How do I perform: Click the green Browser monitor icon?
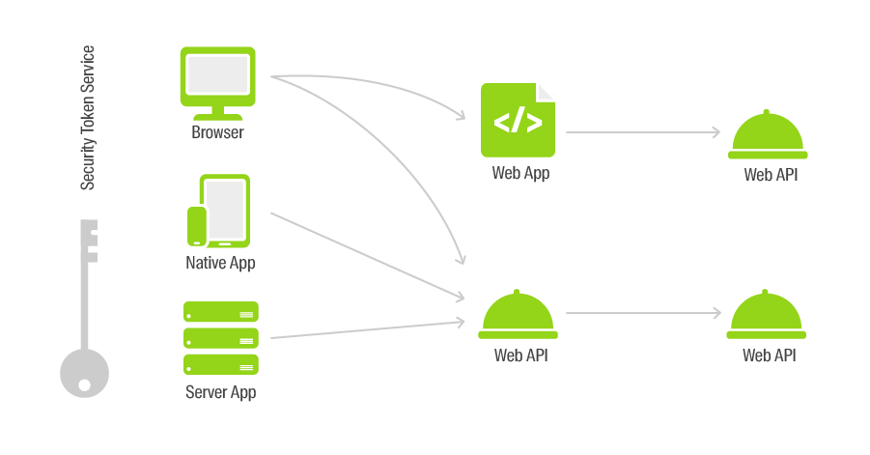pos(217,83)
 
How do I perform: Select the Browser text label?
pos(217,132)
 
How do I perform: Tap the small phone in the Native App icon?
pos(197,226)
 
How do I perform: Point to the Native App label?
pos(220,263)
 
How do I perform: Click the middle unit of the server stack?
pos(221,338)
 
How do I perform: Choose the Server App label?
pos(221,392)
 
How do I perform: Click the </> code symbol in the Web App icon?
pos(518,122)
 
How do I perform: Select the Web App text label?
pos(520,173)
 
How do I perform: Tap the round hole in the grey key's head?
pos(84,384)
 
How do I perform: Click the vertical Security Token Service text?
pos(88,118)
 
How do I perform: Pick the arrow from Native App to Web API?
pos(367,256)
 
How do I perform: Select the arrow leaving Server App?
pos(367,329)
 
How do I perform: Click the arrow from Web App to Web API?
pos(643,132)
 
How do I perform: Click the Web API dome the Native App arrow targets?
pos(518,314)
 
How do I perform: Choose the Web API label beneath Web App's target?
pos(771,175)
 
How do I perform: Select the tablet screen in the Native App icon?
pos(226,211)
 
